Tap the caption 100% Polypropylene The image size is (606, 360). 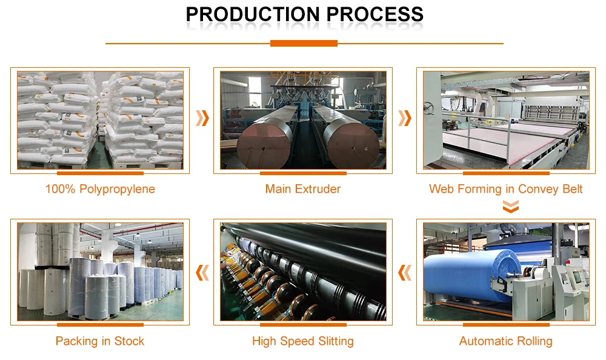pyautogui.click(x=100, y=189)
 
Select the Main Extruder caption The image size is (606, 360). pyautogui.click(x=302, y=189)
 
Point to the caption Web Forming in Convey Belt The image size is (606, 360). pyautogui.click(x=505, y=189)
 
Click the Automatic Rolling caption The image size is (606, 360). pyautogui.click(x=505, y=341)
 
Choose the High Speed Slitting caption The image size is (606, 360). pyautogui.click(x=302, y=341)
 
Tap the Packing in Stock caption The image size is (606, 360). pyautogui.click(x=100, y=341)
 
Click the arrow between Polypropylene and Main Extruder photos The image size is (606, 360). pyautogui.click(x=202, y=118)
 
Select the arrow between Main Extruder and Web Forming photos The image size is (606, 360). pyautogui.click(x=404, y=118)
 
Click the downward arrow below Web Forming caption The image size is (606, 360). pyautogui.click(x=511, y=208)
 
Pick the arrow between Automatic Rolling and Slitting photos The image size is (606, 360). pyautogui.click(x=404, y=273)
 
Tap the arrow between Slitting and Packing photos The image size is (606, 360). pyautogui.click(x=202, y=273)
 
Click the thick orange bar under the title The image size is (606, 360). pyautogui.click(x=304, y=44)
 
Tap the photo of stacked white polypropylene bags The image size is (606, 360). pyautogui.click(x=100, y=120)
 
